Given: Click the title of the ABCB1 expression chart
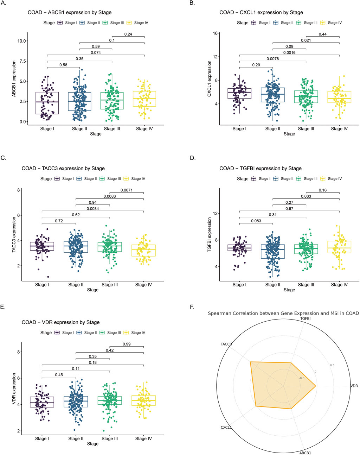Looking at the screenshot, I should tap(70, 12).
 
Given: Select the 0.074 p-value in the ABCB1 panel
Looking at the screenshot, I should tap(96, 53).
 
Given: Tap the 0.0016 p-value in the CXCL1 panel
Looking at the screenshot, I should tap(289, 53).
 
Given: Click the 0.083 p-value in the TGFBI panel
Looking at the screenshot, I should tap(256, 221).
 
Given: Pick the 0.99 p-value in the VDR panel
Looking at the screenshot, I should tap(127, 344).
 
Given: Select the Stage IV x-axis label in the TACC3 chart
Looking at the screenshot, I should tap(143, 284).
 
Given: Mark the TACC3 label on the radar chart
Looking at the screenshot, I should tap(226, 344).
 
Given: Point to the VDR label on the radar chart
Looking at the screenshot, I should tap(354, 386).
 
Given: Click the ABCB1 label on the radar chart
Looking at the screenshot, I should tap(305, 453).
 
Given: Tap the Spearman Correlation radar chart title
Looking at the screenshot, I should tap(283, 313).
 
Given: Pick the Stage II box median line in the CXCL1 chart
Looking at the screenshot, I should tap(273, 94).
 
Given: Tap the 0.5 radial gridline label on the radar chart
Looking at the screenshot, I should tap(332, 365).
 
